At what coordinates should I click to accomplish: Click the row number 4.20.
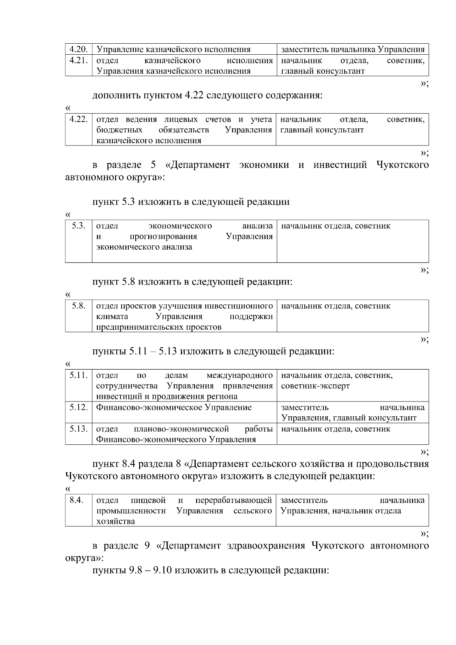click(79, 49)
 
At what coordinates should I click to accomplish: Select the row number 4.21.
click(79, 60)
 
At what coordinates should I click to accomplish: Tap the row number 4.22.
click(79, 120)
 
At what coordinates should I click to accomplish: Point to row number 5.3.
click(79, 226)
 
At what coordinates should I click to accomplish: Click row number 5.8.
click(79, 306)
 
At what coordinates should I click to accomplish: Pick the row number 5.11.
click(79, 376)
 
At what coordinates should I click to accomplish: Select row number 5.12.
click(79, 408)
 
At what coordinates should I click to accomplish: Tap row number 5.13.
click(79, 429)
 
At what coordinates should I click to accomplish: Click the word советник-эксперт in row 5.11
click(315, 386)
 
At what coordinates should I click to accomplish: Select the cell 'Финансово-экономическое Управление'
click(174, 408)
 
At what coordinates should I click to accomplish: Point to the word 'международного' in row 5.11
click(239, 376)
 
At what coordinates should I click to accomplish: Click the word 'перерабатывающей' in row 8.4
click(234, 500)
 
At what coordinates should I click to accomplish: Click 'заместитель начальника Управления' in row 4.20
click(352, 49)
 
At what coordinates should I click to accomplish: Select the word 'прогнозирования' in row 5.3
click(163, 237)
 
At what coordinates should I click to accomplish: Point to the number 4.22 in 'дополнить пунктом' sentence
click(195, 95)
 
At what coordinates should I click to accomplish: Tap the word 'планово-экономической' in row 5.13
click(181, 429)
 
